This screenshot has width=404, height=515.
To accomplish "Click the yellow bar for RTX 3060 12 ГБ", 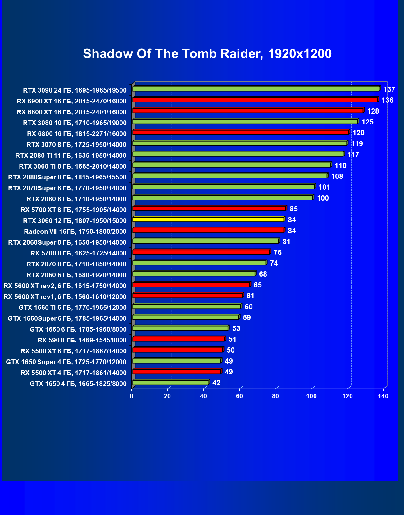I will click(208, 219).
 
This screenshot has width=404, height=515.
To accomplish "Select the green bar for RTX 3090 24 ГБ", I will click(256, 89).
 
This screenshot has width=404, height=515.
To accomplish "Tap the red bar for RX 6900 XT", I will click(255, 100).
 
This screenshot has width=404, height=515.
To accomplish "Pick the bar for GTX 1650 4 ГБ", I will click(170, 382).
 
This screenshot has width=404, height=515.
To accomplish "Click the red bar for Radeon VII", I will click(208, 230).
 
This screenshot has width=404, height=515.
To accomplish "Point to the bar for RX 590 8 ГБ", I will click(178, 339).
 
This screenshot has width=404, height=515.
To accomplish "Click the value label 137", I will click(389, 90).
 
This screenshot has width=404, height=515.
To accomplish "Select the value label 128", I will click(373, 111).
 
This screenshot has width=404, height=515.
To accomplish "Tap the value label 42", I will click(216, 383).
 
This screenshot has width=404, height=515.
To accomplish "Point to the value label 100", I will click(323, 198).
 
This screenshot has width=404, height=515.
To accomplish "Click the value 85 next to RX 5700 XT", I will click(293, 209).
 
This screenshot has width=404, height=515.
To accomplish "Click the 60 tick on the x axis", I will click(239, 396).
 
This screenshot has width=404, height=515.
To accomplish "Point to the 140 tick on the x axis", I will click(384, 396).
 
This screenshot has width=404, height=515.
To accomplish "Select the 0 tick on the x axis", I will click(132, 396).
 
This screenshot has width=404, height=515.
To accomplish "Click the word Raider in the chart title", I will click(241, 54).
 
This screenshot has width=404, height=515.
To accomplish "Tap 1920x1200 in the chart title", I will click(299, 54).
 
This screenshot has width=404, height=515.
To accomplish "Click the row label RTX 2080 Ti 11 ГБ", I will click(71, 156).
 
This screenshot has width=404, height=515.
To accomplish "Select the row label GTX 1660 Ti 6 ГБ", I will click(73, 308).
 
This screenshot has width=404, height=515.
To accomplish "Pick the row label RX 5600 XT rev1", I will click(65, 297).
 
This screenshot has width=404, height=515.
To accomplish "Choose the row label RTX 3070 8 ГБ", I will click(76, 145).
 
